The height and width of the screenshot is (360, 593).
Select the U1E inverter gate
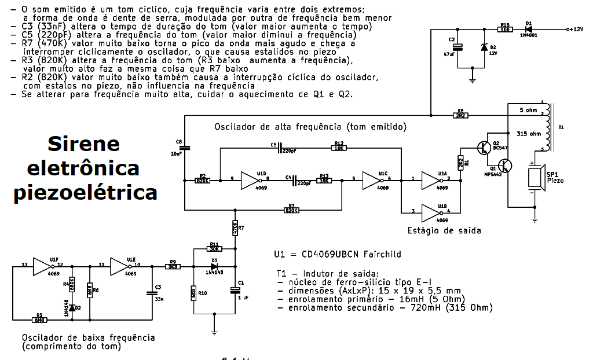click(x=120, y=266)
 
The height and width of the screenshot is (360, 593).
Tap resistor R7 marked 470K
click(x=235, y=228)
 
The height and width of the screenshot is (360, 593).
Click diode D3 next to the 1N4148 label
click(x=214, y=266)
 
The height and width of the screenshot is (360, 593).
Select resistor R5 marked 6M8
click(x=39, y=318)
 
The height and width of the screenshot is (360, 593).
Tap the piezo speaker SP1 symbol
click(x=533, y=180)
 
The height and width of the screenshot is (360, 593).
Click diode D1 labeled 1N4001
click(x=528, y=29)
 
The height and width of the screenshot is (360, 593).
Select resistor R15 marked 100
click(x=505, y=29)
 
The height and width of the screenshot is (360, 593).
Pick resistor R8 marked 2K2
click(x=461, y=115)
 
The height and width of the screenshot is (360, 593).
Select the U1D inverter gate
click(x=248, y=181)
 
